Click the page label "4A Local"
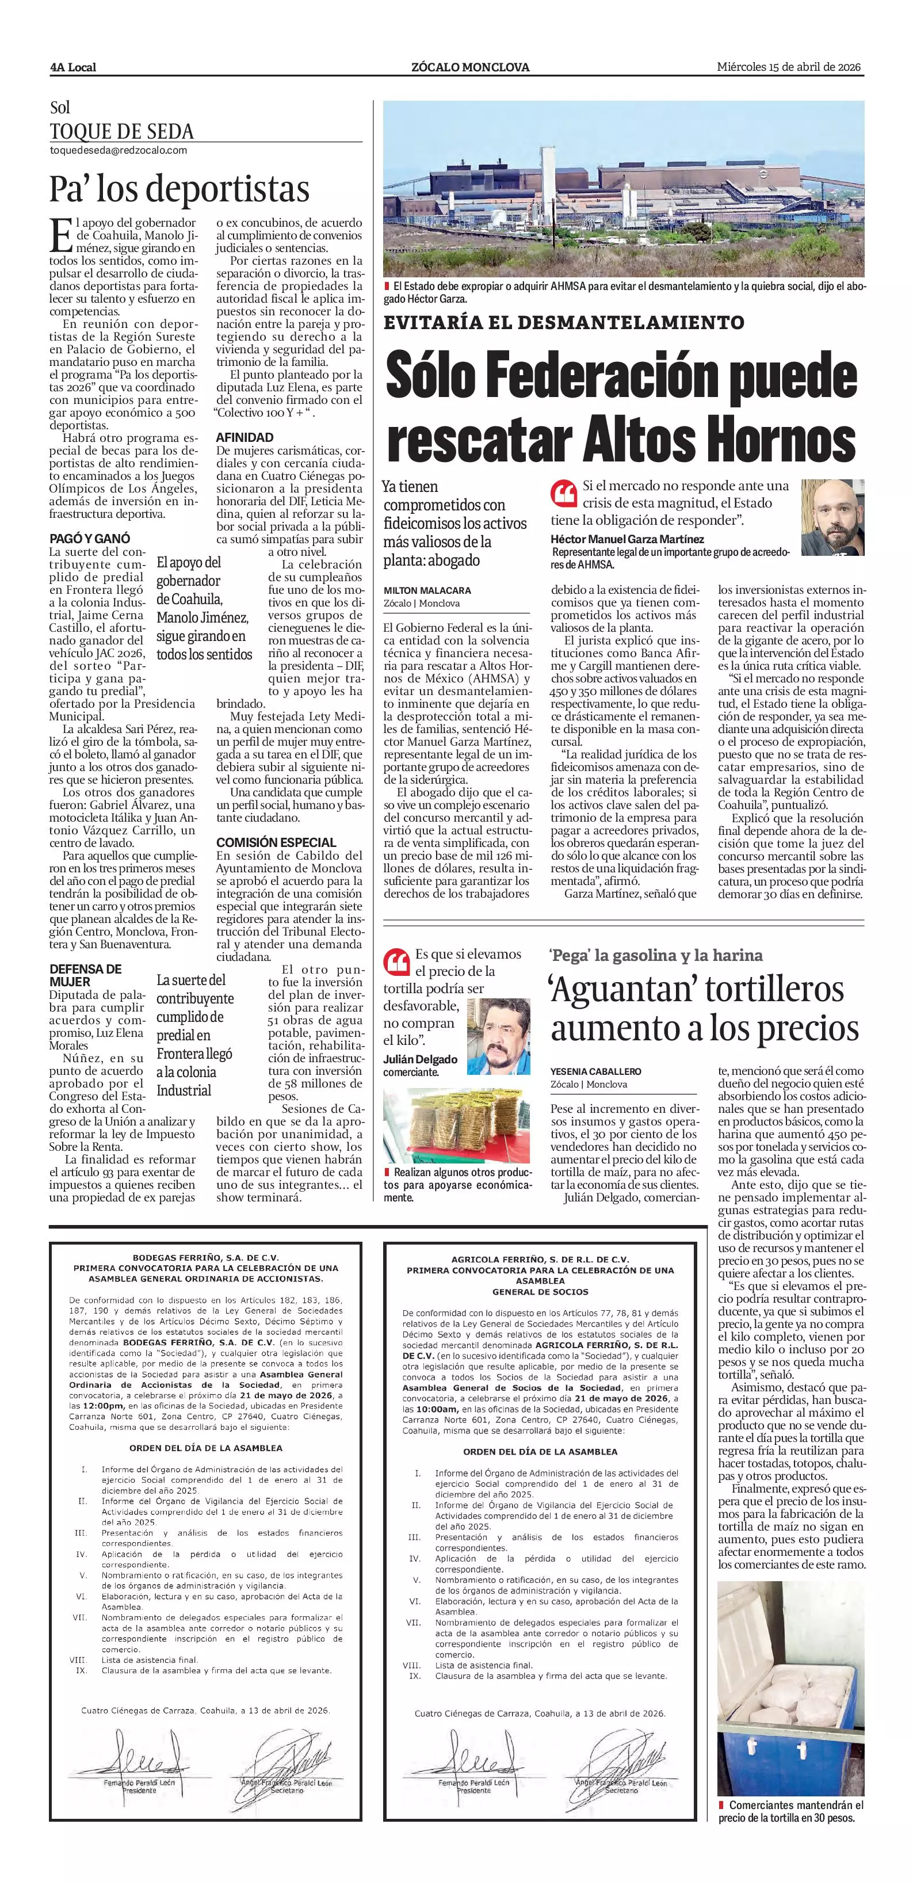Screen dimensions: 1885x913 click(x=73, y=67)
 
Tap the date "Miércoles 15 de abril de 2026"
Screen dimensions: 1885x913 click(x=789, y=67)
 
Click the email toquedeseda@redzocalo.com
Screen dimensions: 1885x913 click(x=119, y=150)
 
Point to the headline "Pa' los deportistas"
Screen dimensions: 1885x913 click(x=180, y=189)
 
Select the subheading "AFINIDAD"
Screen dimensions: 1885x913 click(x=245, y=437)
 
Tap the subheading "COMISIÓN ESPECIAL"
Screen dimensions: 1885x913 click(x=276, y=842)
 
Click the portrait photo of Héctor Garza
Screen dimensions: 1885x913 click(x=832, y=517)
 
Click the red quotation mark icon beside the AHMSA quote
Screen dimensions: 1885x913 click(x=563, y=493)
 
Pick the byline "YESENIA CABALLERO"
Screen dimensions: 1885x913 click(x=595, y=1071)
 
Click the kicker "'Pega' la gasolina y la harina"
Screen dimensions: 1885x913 click(x=656, y=955)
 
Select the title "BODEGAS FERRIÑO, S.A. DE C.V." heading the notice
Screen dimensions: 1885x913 click(x=205, y=1258)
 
